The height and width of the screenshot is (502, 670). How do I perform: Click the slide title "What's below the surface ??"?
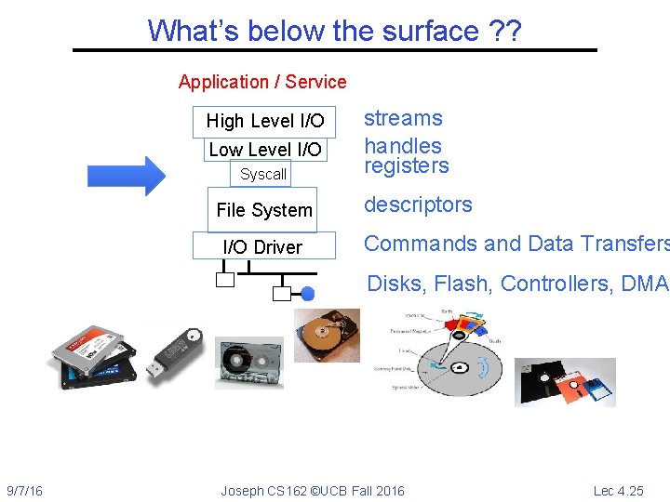334,31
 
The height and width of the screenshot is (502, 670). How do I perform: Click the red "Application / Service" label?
261,82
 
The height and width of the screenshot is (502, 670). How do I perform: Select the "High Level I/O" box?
264,121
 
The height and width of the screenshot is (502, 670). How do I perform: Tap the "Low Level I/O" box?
265,150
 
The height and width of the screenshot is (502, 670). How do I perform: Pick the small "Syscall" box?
263,174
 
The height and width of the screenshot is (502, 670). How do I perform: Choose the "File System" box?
264,210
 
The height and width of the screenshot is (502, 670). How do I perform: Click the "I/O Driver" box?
262,247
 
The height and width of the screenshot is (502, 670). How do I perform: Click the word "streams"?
403,118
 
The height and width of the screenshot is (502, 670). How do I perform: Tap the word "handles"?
403,146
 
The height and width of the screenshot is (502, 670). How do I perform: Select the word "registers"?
406,166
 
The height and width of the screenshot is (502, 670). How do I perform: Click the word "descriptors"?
418,205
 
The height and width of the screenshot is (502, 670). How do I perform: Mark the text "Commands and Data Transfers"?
516,244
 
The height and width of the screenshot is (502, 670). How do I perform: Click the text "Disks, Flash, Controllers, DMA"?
517,284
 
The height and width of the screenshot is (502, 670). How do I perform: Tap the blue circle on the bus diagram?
308,294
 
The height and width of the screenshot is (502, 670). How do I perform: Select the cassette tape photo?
249,363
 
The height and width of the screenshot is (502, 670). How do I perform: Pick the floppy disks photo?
565,381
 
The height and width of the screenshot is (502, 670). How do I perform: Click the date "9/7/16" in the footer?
24,491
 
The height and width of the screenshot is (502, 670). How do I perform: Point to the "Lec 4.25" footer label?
618,491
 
